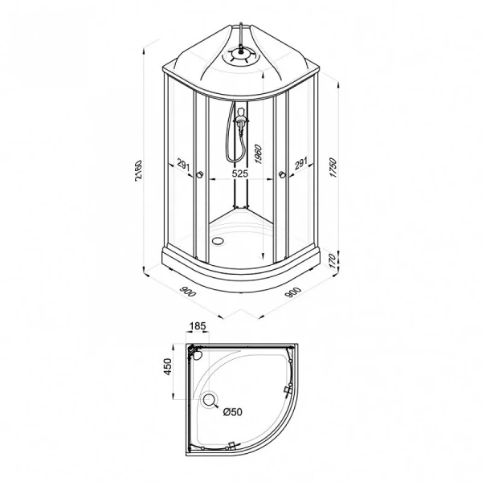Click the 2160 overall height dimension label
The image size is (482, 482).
tap(138, 170)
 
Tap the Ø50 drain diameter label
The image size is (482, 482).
tap(232, 412)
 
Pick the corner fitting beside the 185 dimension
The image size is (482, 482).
tap(194, 350)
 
